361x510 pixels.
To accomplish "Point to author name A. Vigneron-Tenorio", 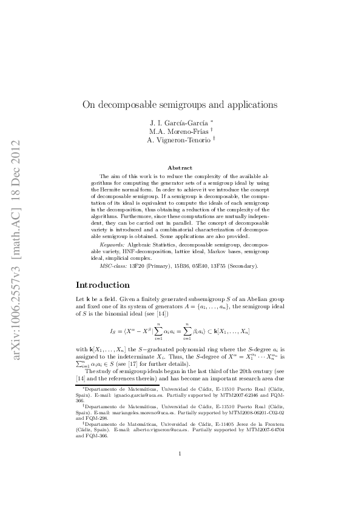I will click(x=177, y=141).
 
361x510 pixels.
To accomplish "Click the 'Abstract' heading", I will click(x=180, y=168).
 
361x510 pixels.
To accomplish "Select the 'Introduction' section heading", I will click(x=106, y=285).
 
